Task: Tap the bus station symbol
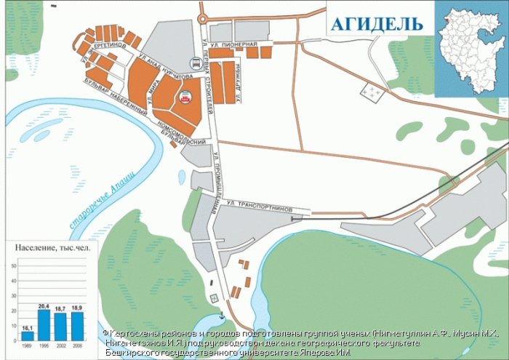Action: (x=194, y=63)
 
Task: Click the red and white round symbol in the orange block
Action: (x=185, y=95)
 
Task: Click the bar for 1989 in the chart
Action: (x=27, y=335)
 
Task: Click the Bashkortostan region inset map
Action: (x=470, y=48)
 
